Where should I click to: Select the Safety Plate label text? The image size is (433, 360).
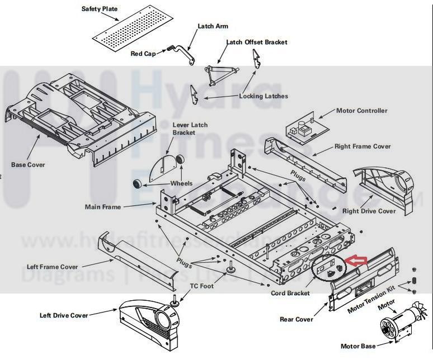(x=100, y=9)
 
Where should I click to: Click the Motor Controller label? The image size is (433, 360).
(x=361, y=111)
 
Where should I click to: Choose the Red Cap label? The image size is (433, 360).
(x=143, y=54)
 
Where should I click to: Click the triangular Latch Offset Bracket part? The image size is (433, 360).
(x=222, y=72)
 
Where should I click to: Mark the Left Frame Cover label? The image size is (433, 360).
(x=52, y=267)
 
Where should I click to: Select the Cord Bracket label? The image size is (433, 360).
(x=290, y=293)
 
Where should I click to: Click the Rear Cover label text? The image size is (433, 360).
(x=296, y=320)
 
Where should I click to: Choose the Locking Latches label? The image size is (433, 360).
(x=263, y=96)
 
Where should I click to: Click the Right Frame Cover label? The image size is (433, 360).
(x=363, y=146)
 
